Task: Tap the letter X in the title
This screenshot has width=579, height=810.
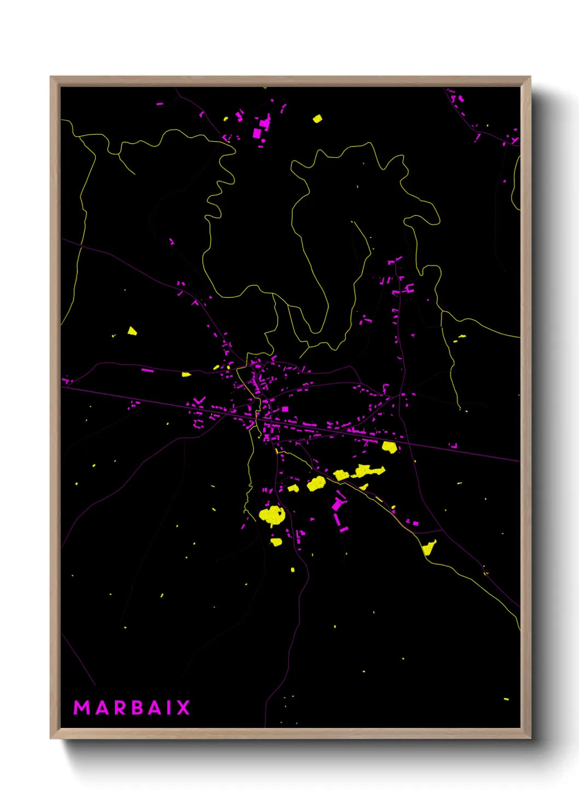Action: click(x=183, y=708)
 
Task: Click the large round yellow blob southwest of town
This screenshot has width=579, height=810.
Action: click(x=272, y=515)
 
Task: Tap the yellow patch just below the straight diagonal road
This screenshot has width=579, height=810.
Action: click(x=389, y=447)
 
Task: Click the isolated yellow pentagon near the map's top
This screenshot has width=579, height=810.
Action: click(x=317, y=118)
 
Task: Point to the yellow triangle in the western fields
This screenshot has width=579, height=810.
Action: click(x=132, y=331)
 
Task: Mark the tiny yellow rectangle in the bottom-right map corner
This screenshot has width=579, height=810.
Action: click(x=506, y=699)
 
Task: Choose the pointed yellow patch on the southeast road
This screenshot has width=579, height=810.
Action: click(x=429, y=547)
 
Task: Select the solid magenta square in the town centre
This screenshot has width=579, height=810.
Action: click(x=285, y=409)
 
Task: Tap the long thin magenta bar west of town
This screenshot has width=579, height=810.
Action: click(x=148, y=371)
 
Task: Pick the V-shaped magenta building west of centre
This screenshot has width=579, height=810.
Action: click(x=200, y=401)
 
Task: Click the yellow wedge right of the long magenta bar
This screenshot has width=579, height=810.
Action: click(x=186, y=374)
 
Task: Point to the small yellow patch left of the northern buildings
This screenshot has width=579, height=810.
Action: click(x=225, y=118)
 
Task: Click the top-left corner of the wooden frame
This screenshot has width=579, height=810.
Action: click(x=51, y=77)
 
